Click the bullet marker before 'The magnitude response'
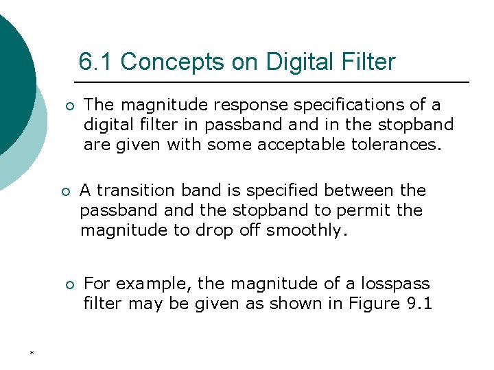[x=69, y=107]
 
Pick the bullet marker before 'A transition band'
[x=66, y=192]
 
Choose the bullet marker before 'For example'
[x=69, y=285]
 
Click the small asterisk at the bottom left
[x=32, y=353]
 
